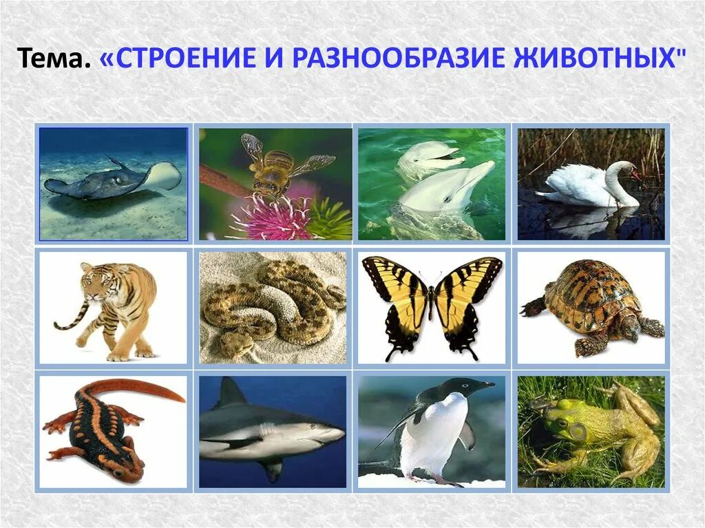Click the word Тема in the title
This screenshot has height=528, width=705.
tap(53, 61)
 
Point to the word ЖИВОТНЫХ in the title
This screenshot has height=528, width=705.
tap(592, 61)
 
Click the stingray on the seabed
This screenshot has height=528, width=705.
tap(110, 179)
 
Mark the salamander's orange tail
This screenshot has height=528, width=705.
tap(148, 390)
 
